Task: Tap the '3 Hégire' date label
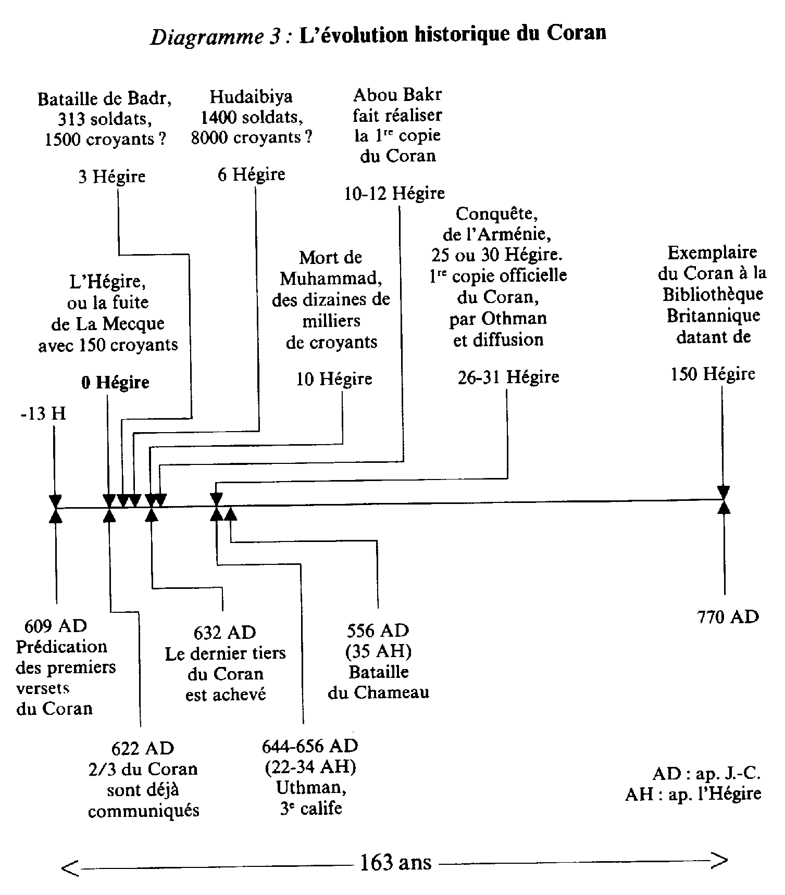tap(111, 177)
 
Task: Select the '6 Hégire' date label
tap(251, 174)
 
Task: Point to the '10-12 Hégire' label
tap(394, 194)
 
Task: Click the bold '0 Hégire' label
tap(115, 383)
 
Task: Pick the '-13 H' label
tap(44, 414)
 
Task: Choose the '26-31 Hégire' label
tap(508, 377)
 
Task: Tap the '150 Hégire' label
tap(713, 374)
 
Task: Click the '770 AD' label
tap(728, 617)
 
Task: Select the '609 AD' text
tap(56, 626)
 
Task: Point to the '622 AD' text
tap(142, 748)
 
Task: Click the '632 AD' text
tap(225, 633)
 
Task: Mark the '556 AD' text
tap(378, 631)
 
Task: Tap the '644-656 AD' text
tap(310, 746)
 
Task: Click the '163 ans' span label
tap(395, 863)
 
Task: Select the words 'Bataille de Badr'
tap(105, 99)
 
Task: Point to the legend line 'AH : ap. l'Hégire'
tap(693, 794)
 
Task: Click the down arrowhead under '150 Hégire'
tap(723, 491)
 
